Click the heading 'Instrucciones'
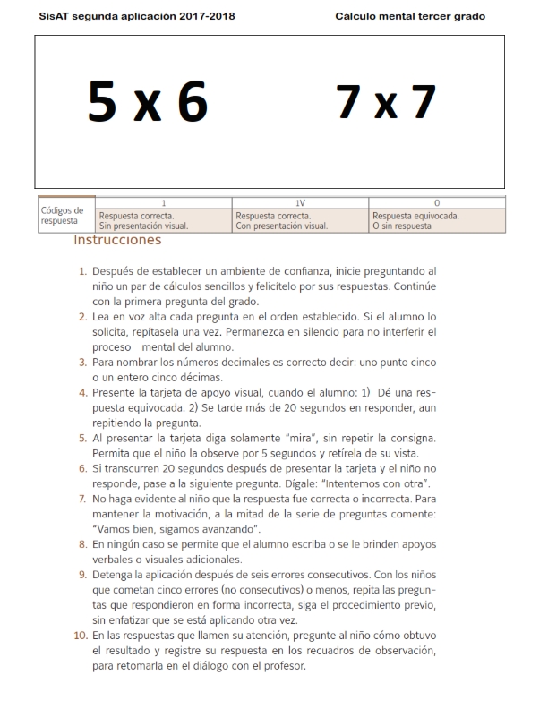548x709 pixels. click(117, 240)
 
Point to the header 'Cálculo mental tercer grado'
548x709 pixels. click(411, 17)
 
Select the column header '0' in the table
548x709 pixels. click(436, 204)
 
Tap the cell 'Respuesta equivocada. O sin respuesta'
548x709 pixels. click(416, 221)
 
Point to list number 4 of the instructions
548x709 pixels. click(84, 392)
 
